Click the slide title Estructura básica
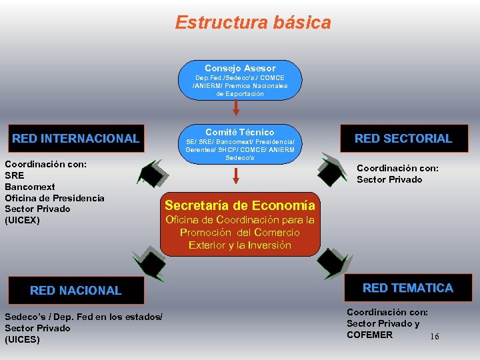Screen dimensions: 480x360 click(x=253, y=23)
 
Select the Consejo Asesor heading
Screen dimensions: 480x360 click(x=240, y=68)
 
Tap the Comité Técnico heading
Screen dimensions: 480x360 click(x=240, y=132)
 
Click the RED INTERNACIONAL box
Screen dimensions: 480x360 click(x=76, y=139)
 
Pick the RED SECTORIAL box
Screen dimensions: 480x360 click(x=403, y=139)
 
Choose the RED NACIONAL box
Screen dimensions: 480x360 click(x=76, y=290)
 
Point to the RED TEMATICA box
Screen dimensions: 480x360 click(x=407, y=288)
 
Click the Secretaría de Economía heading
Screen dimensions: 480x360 click(x=240, y=205)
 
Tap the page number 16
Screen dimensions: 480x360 click(x=435, y=337)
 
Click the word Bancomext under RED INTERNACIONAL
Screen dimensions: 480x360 click(x=30, y=187)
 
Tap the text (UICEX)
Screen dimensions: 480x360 click(x=23, y=220)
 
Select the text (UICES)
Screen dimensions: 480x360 click(x=22, y=339)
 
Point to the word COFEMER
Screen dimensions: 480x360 click(x=369, y=335)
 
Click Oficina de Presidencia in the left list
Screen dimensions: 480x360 click(x=55, y=198)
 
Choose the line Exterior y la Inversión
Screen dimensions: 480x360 click(x=240, y=245)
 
